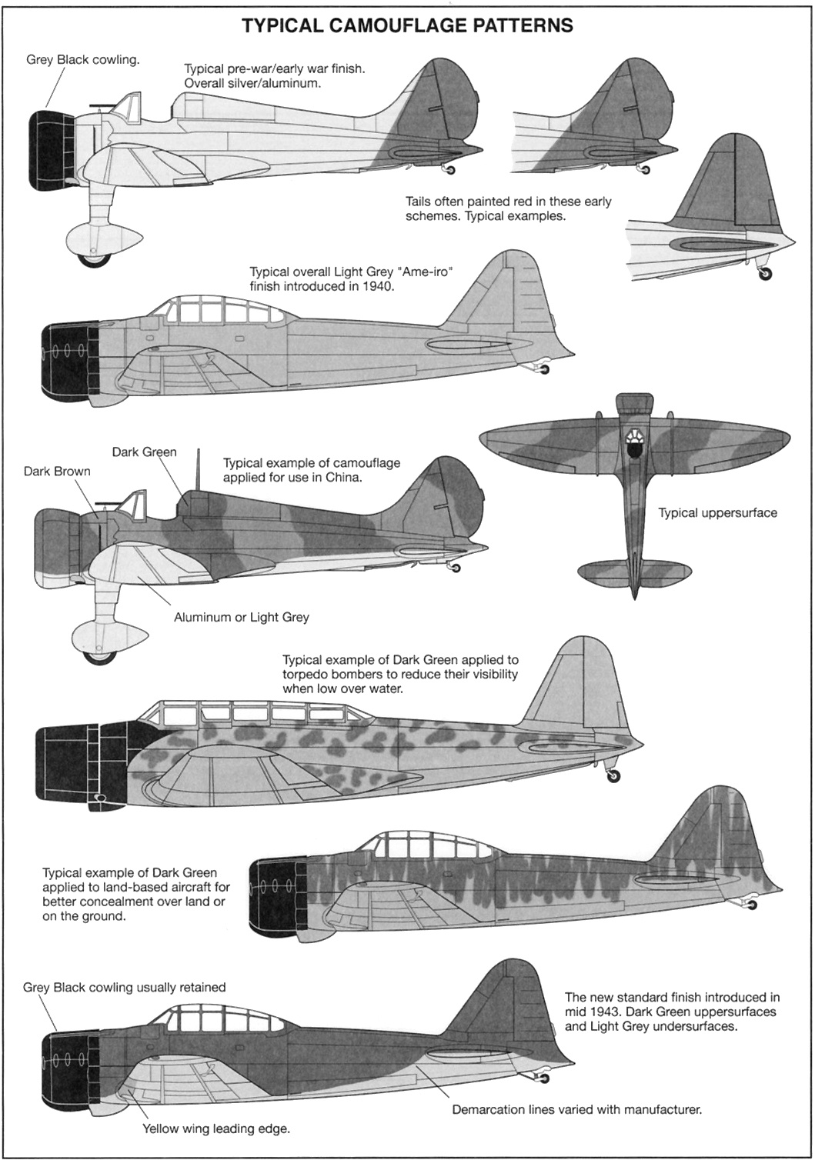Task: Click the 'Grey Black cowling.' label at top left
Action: pos(83,60)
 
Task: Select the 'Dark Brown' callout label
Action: pos(57,472)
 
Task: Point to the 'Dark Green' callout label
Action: pos(144,452)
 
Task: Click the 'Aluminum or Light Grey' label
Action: pos(242,617)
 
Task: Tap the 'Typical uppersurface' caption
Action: pos(717,512)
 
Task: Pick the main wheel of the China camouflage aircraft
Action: pos(99,653)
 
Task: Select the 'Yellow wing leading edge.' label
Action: pos(215,1129)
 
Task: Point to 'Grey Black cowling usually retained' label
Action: pos(125,987)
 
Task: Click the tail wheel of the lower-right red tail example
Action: pos(764,275)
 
